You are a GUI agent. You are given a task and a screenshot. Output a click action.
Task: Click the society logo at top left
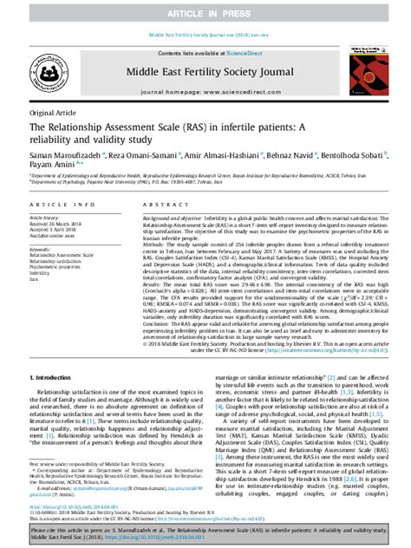pyautogui.click(x=54, y=71)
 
